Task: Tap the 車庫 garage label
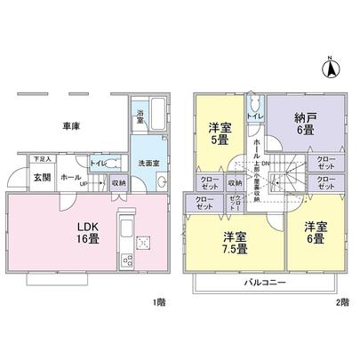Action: tap(73, 127)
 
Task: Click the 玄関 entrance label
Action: tap(42, 177)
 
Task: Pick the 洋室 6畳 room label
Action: tap(315, 231)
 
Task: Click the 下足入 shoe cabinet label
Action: tap(42, 159)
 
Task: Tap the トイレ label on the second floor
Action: tap(252, 116)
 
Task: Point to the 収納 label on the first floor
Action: tap(119, 182)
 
